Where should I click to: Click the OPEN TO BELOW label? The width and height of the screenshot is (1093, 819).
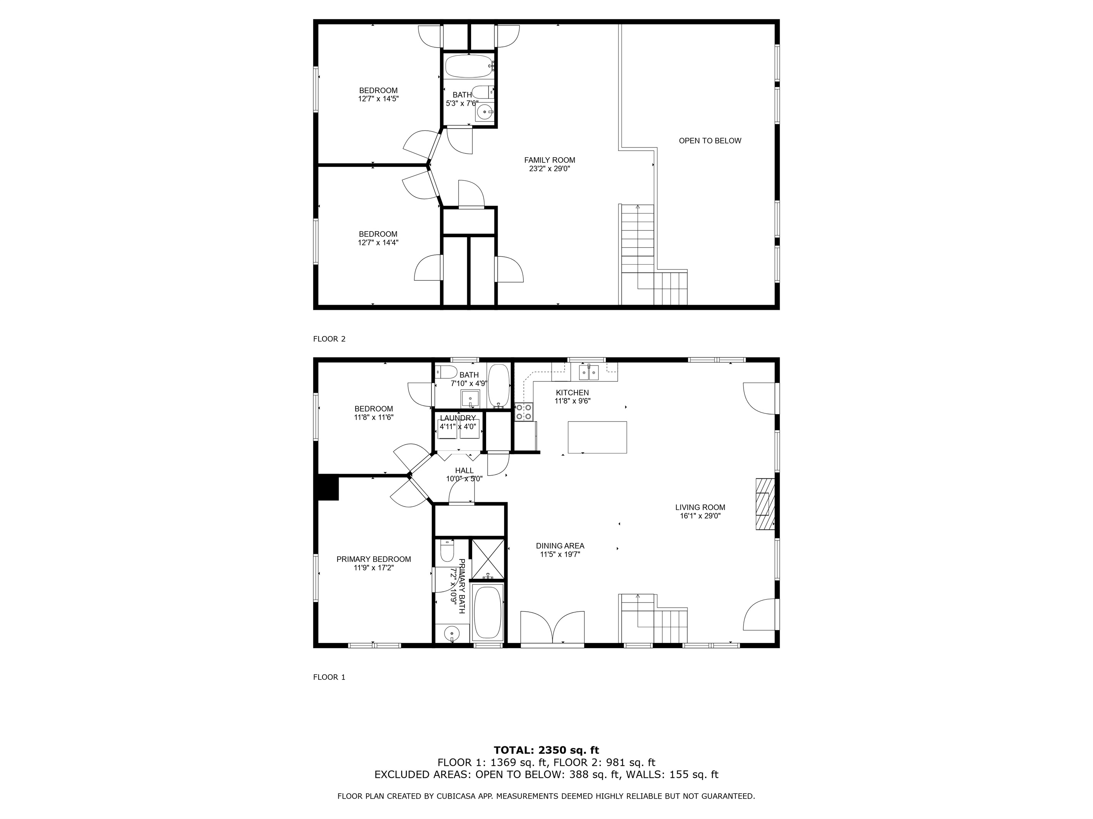[710, 141]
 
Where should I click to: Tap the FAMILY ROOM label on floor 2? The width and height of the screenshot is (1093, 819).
[550, 160]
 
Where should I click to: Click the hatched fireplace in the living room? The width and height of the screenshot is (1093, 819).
[764, 504]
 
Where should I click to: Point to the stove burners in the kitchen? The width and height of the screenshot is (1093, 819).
[523, 412]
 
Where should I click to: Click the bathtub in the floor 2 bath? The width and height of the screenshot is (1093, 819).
[468, 66]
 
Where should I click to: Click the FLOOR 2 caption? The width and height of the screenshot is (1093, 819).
[329, 339]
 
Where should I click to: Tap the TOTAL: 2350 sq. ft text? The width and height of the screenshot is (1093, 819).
[546, 751]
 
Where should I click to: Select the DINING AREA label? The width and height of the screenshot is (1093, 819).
[560, 546]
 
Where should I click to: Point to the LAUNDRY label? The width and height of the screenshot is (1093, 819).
[458, 418]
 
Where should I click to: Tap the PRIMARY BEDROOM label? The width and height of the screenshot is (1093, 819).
[374, 559]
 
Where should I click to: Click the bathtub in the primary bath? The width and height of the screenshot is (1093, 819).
[488, 612]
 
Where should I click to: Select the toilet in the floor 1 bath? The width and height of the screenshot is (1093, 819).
[446, 372]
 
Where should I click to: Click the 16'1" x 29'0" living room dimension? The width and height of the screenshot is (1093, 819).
[700, 516]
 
